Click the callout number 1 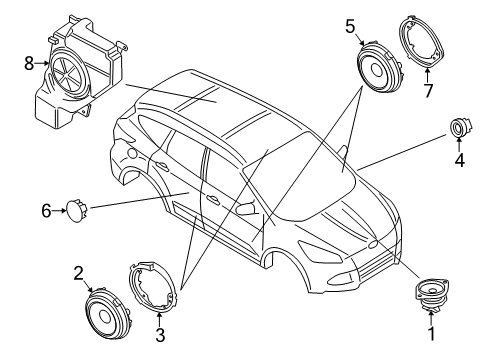pyautogui.click(x=432, y=334)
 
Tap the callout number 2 pyautogui.click(x=78, y=273)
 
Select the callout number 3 pyautogui.click(x=160, y=335)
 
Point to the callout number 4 pyautogui.click(x=460, y=161)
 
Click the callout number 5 pyautogui.click(x=350, y=27)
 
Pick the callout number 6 pyautogui.click(x=46, y=211)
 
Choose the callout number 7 pyautogui.click(x=428, y=91)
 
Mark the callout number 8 pyautogui.click(x=29, y=63)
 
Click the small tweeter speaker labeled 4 pyautogui.click(x=460, y=128)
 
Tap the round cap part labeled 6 pyautogui.click(x=76, y=210)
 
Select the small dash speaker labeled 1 pyautogui.click(x=431, y=294)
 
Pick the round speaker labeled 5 pyautogui.click(x=379, y=67)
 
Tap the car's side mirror pyautogui.click(x=247, y=208)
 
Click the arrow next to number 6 pyautogui.click(x=59, y=211)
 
